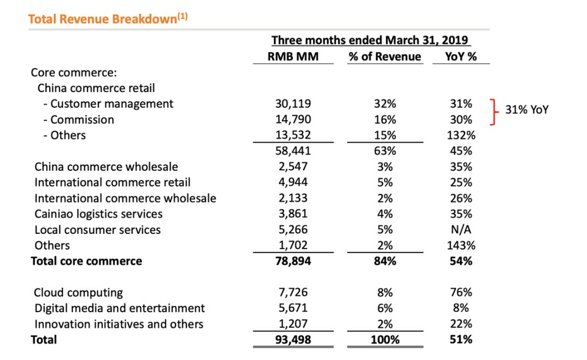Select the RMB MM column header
(293, 57)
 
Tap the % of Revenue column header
(385, 57)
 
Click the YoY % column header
(461, 57)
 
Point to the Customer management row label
(111, 103)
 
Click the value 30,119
(293, 103)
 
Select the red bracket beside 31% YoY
(494, 111)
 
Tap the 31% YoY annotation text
(527, 109)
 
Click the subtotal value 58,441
(293, 151)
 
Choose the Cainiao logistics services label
(98, 214)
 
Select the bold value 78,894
(293, 261)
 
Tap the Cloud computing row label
(79, 293)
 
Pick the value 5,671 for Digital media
(293, 308)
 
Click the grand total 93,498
(293, 340)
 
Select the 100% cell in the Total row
(385, 340)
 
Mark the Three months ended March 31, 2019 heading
(371, 40)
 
